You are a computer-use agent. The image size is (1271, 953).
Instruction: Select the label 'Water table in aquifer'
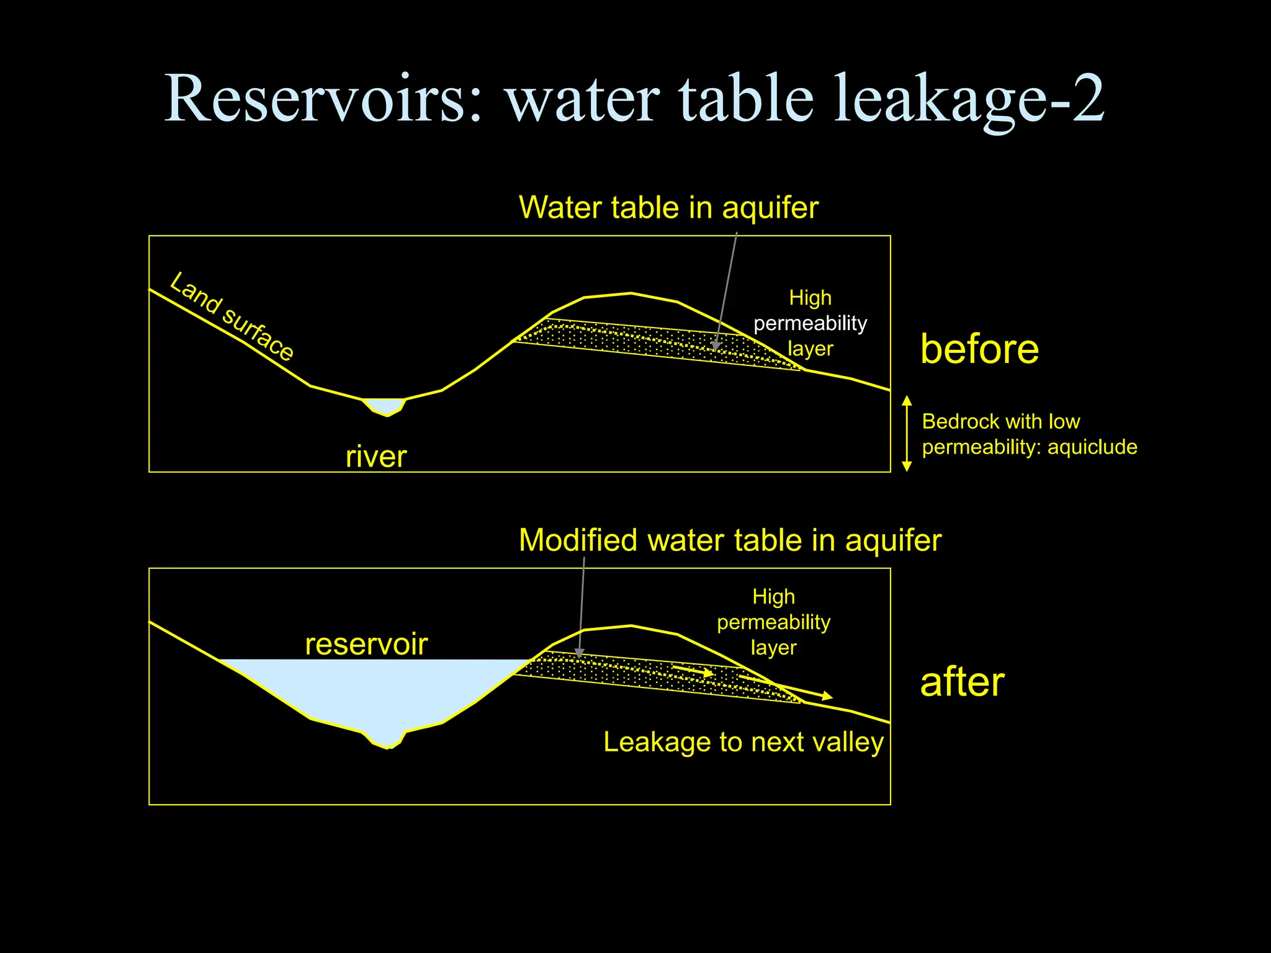point(668,207)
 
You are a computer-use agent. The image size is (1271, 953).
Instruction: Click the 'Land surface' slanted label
point(231,316)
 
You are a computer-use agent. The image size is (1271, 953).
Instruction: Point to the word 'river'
point(376,457)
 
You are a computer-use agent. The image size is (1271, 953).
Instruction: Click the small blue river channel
point(385,406)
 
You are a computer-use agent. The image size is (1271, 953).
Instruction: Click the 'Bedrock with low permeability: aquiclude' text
point(1029,434)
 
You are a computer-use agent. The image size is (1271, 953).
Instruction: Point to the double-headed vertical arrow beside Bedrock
point(907,433)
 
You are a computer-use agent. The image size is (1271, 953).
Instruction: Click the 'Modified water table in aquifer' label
point(730,540)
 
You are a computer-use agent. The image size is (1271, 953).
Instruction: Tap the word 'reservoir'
point(366,644)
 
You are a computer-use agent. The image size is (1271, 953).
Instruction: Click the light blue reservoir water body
point(372,689)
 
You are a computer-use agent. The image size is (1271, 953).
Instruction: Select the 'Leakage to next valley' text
point(743,742)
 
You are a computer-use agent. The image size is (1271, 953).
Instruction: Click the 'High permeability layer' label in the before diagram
point(810,323)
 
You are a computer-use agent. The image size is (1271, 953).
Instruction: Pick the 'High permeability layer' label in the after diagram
point(773,622)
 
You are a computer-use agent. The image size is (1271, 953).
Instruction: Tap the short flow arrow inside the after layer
point(694,670)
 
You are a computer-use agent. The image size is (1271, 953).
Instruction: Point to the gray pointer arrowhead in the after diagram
point(579,653)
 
